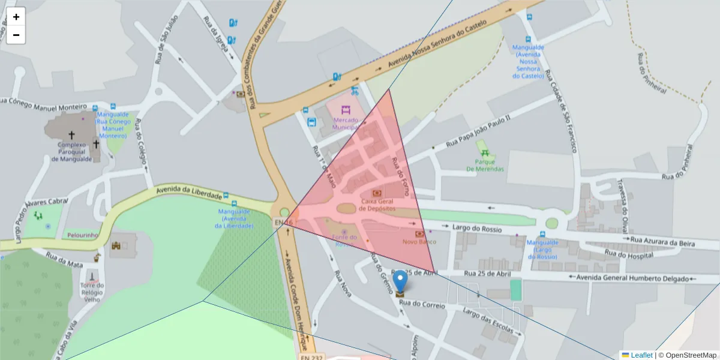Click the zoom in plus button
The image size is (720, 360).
click(16, 17)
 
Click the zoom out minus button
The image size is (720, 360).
click(16, 35)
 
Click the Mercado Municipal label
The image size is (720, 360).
click(345, 124)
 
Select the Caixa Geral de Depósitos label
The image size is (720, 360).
click(377, 205)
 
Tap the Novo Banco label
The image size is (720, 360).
click(419, 242)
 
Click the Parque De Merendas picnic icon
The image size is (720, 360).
click(482, 146)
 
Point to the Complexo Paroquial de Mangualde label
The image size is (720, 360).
click(71, 152)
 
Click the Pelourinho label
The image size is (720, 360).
click(82, 236)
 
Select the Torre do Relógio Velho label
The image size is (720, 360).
click(93, 292)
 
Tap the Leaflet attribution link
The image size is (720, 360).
click(641, 355)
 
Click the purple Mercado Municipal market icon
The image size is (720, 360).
click(345, 110)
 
